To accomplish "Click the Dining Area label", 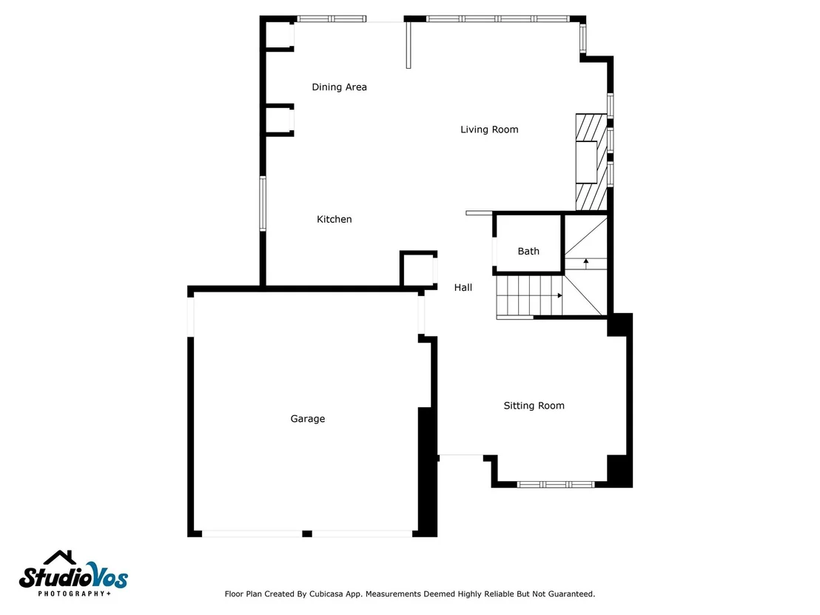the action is tap(339, 87).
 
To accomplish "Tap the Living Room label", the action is tap(489, 130).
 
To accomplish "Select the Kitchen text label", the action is tap(335, 219).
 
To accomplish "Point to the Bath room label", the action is tap(528, 251).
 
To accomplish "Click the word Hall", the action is tap(463, 287).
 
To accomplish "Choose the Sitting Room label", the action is tap(534, 406).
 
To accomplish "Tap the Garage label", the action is tap(308, 418).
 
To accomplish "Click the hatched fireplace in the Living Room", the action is tap(591, 162).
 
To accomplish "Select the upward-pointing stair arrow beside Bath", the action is tap(585, 263).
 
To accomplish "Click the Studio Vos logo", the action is tap(73, 574).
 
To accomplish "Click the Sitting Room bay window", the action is tap(555, 484).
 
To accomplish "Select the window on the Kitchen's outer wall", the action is tap(263, 204).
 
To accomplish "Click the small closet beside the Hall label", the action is tap(418, 269).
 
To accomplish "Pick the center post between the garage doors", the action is tap(307, 534).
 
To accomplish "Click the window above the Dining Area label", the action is tap(332, 19).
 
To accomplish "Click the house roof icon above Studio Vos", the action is tap(60, 557).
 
